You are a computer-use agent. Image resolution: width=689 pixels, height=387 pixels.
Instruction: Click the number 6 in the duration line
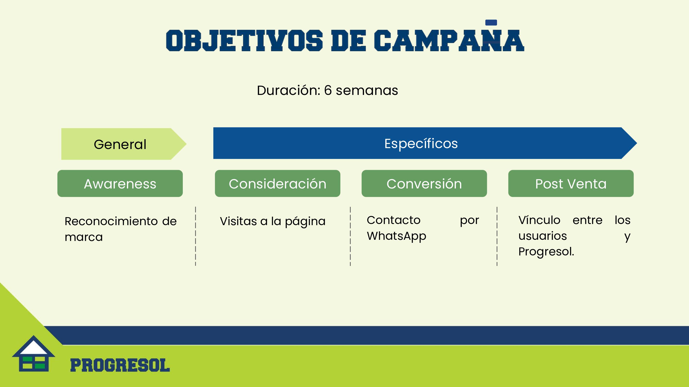click(x=328, y=90)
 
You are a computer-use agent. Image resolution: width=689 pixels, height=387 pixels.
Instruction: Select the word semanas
click(x=367, y=91)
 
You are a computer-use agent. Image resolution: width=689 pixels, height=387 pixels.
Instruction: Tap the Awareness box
click(x=120, y=183)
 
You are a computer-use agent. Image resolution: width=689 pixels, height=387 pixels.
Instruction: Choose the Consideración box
click(x=277, y=183)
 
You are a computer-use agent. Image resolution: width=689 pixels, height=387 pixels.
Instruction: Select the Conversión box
click(x=424, y=183)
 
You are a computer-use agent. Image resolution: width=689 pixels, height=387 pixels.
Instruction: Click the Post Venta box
click(x=571, y=183)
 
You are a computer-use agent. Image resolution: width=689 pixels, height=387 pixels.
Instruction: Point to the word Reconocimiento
click(x=111, y=221)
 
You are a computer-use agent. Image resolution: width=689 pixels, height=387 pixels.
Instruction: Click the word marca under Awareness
click(x=84, y=237)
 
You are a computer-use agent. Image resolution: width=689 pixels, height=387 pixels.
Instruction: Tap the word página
click(x=305, y=222)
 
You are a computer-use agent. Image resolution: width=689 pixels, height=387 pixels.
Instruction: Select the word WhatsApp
click(x=396, y=236)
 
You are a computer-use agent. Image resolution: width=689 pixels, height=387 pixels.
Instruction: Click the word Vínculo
click(x=539, y=220)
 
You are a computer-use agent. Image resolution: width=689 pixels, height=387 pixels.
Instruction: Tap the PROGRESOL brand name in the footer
click(x=120, y=365)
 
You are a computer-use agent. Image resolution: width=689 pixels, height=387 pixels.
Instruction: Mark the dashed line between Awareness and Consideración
click(x=195, y=236)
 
